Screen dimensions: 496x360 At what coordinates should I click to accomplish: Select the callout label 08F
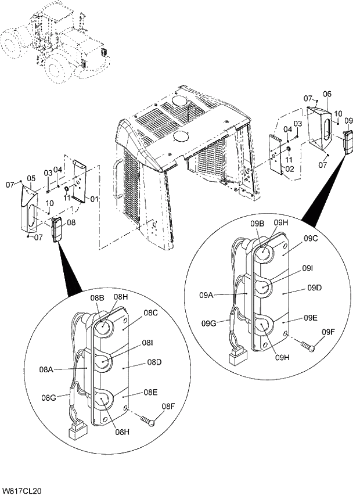[x=168, y=406]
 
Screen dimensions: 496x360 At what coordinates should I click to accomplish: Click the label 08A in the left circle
[x=48, y=368]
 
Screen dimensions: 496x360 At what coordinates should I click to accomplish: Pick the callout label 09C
[x=311, y=238]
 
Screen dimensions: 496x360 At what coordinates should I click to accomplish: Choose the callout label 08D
[x=154, y=362]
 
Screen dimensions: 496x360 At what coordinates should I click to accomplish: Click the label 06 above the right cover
[x=326, y=94]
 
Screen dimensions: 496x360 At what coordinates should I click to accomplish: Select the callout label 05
[x=31, y=178]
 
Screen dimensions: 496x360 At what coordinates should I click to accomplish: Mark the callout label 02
[x=289, y=169]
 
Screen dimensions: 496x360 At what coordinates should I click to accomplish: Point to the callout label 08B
[x=96, y=297]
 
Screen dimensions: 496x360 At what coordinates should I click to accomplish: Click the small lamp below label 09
[x=349, y=142]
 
